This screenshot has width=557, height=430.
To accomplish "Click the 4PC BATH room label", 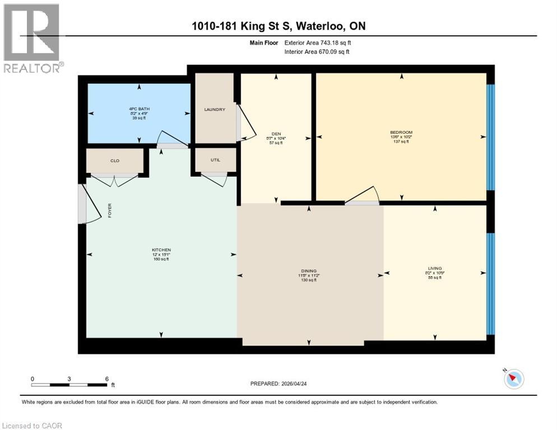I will click(x=138, y=109).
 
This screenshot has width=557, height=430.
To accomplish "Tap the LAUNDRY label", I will click(x=215, y=109).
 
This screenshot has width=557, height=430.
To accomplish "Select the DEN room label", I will click(x=276, y=134).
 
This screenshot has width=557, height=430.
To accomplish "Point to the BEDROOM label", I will click(x=401, y=133).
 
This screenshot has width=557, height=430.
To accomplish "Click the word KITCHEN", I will click(x=161, y=250).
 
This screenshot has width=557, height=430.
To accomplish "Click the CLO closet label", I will click(x=115, y=161).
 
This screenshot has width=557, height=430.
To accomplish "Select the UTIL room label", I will click(x=215, y=160).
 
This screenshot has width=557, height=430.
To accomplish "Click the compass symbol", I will click(x=513, y=379).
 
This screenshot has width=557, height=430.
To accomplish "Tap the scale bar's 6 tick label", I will click(x=106, y=379).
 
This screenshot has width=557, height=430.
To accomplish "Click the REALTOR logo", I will click(x=32, y=38).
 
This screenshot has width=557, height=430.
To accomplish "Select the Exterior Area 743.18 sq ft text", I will click(x=318, y=43).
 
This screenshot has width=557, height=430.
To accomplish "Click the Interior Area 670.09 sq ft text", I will click(x=318, y=52).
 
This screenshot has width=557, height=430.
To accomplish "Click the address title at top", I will click(x=278, y=26).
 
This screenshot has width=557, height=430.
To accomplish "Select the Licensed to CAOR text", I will click(x=32, y=426).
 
